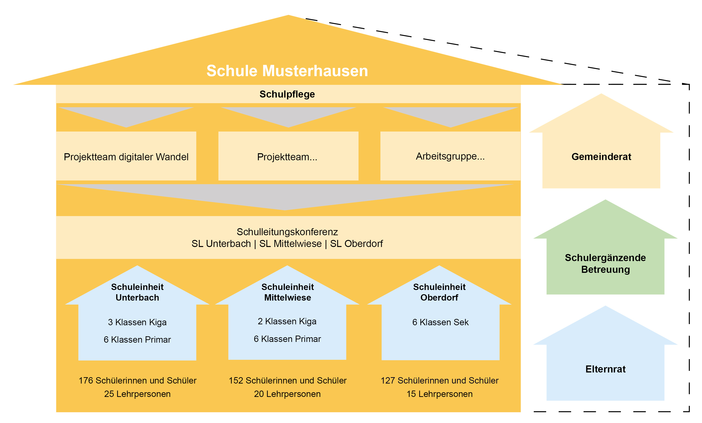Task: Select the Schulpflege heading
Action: (287, 94)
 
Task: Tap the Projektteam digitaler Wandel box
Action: (126, 157)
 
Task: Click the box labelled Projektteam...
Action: (287, 157)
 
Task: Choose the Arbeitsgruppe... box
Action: (450, 156)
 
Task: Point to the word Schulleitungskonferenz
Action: (287, 232)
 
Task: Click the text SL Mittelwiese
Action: (290, 244)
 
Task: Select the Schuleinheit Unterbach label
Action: (137, 292)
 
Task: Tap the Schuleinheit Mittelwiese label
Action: (287, 292)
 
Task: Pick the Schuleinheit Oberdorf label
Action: (439, 292)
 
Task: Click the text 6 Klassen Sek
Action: (440, 322)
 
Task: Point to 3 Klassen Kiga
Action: (137, 322)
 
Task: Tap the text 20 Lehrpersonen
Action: (287, 394)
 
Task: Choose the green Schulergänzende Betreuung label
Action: (605, 263)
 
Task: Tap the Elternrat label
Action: (605, 369)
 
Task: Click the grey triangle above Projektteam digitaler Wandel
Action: (126, 115)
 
